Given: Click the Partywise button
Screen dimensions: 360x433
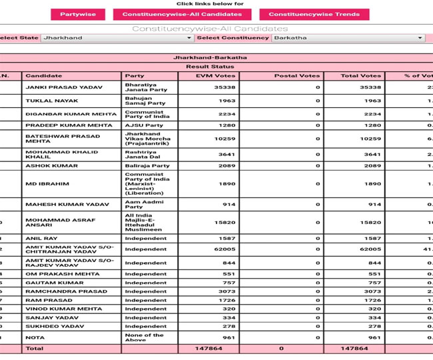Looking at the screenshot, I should [x=77, y=14].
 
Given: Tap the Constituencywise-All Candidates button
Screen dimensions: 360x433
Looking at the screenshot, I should [x=181, y=14].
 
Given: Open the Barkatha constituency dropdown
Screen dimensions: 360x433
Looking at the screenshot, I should [x=348, y=38].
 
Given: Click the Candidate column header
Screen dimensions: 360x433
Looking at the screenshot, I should [x=43, y=76].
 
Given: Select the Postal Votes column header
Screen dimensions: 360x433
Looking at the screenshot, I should [x=296, y=76].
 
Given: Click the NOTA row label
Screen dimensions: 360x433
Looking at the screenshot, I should [x=35, y=337].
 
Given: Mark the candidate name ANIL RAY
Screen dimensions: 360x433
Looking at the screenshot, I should [x=41, y=238].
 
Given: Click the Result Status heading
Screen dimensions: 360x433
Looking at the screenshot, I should [x=210, y=67].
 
